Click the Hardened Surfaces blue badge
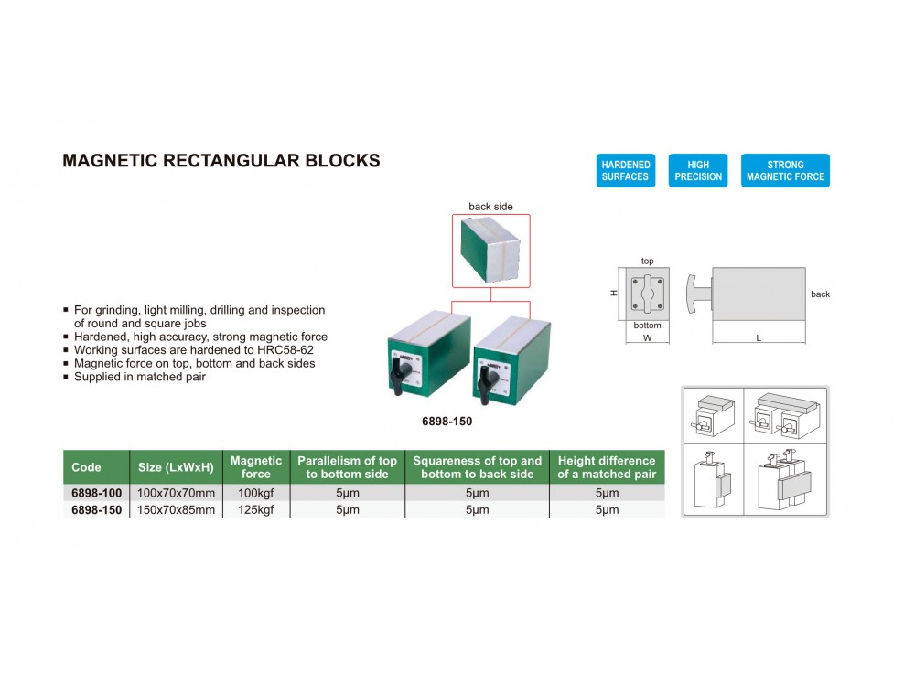click(x=626, y=170)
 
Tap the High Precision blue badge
click(x=698, y=170)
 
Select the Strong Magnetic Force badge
click(x=785, y=170)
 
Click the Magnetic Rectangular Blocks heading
click(x=221, y=160)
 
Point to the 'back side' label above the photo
click(x=490, y=207)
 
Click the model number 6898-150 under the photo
click(x=447, y=421)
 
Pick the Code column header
click(x=86, y=467)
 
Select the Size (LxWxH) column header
click(x=176, y=467)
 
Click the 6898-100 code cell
click(x=97, y=493)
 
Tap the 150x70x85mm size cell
click(x=177, y=509)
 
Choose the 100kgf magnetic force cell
click(x=255, y=493)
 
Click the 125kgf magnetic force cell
click(x=255, y=509)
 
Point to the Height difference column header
click(x=607, y=467)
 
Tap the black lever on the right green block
click(x=486, y=384)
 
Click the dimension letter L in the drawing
click(x=759, y=337)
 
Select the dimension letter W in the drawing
click(x=647, y=337)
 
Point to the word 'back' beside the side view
click(x=820, y=294)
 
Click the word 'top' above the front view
click(x=647, y=261)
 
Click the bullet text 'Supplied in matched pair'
click(x=140, y=377)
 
